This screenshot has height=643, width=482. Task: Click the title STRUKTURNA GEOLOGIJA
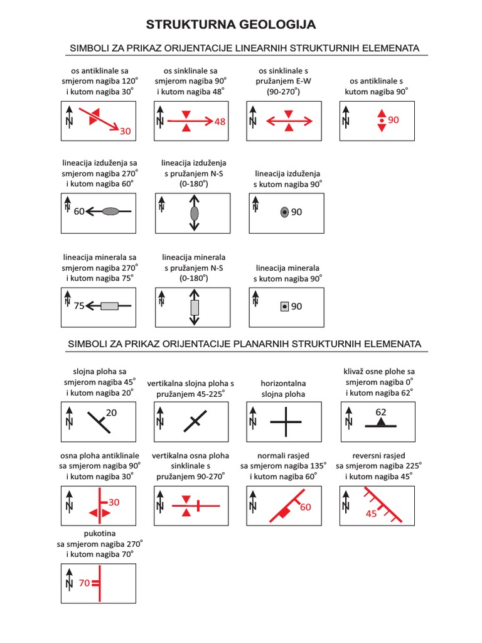click(231, 25)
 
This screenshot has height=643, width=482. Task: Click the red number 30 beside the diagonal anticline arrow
click(126, 131)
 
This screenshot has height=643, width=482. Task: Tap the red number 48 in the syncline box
click(220, 122)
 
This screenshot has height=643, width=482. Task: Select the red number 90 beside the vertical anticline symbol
click(394, 120)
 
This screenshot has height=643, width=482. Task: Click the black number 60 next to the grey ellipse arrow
click(79, 212)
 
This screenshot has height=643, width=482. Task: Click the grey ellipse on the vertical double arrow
click(194, 213)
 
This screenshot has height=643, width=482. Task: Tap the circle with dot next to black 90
click(284, 212)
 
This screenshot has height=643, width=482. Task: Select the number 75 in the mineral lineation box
click(79, 306)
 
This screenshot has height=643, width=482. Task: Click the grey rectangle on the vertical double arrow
click(194, 308)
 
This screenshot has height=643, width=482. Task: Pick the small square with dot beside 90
click(284, 306)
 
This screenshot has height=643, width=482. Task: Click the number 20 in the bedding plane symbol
click(112, 413)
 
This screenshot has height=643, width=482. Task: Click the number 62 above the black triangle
click(381, 412)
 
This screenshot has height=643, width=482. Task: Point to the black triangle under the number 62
click(381, 423)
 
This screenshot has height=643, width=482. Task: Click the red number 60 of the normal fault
click(306, 507)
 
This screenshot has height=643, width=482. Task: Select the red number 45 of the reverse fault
click(371, 513)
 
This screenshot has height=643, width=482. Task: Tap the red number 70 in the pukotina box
click(85, 583)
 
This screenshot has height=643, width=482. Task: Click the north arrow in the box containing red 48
click(161, 117)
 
